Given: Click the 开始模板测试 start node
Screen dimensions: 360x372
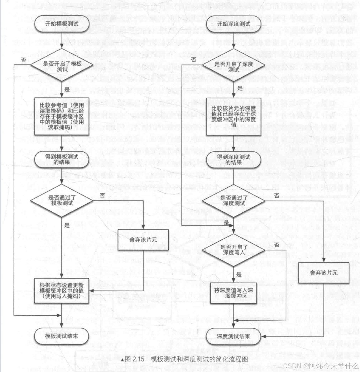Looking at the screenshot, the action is point(62,24).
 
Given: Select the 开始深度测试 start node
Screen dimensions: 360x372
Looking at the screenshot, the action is point(233,24).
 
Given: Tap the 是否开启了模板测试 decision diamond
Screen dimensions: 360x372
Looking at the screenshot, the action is point(62,66).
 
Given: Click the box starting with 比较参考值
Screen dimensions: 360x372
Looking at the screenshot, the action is point(62,116).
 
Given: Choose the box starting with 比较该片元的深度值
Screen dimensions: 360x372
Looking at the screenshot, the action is point(233,116).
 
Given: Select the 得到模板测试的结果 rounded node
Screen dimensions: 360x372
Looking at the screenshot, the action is point(62,159).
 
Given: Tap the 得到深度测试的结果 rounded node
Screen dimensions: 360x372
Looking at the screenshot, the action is point(233,160).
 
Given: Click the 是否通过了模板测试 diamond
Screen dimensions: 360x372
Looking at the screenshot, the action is point(62,200).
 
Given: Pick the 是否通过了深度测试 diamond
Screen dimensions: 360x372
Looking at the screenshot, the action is point(234,200).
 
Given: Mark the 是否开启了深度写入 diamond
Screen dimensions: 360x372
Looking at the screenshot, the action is point(234,250).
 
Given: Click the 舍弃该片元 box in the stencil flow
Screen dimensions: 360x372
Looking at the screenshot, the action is point(143,240).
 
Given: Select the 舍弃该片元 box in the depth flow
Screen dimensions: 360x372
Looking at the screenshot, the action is point(324,273).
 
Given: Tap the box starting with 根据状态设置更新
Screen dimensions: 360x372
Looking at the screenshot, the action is point(62,291).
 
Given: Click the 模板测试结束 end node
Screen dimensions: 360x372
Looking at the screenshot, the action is point(62,336).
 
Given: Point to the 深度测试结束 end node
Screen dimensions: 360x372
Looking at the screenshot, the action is point(233,337).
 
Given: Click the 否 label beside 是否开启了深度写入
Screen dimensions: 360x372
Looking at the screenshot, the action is point(277,245).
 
